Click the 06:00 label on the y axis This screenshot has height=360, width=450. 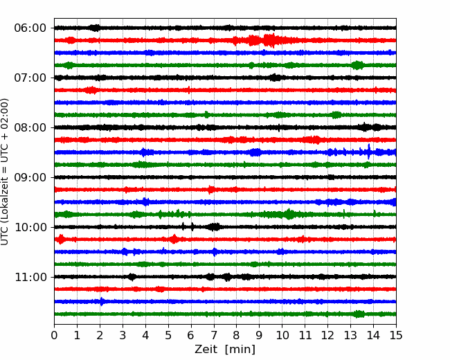(30, 28)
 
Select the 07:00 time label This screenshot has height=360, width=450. (30, 78)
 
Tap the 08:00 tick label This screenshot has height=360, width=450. (30, 127)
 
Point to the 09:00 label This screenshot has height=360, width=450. (30, 177)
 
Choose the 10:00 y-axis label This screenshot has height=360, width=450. (30, 227)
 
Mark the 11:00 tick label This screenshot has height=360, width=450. (30, 278)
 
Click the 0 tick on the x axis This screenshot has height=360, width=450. (54, 335)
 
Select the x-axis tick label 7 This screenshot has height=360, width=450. (214, 335)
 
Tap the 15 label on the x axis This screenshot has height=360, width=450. (396, 335)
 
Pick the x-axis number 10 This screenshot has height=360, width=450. (282, 335)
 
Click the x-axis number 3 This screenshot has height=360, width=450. (123, 335)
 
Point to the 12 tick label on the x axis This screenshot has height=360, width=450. (327, 335)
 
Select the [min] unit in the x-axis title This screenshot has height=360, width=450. (240, 350)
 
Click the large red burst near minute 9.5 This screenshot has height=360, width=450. (269, 40)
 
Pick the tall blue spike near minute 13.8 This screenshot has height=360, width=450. (369, 152)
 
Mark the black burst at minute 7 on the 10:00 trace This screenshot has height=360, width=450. (214, 227)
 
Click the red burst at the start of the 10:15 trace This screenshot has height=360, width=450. (60, 239)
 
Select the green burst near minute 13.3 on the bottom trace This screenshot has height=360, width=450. (358, 314)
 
